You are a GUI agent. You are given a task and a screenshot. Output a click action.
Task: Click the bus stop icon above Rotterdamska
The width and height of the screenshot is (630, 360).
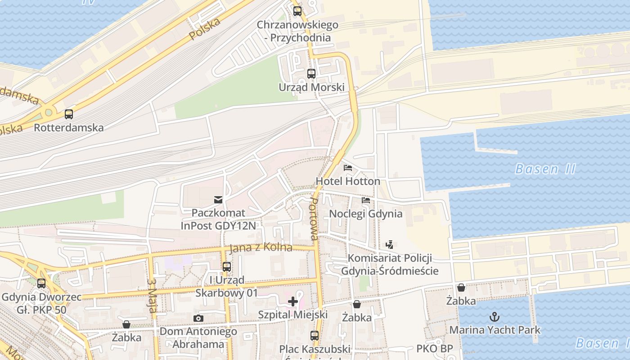(x=68, y=114)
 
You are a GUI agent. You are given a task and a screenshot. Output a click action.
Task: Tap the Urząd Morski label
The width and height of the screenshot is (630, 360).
(x=311, y=87)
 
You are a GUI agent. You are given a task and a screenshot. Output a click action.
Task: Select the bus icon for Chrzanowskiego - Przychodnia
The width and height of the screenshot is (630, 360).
(x=297, y=11)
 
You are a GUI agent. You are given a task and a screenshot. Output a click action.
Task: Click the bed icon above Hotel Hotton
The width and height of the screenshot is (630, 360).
(x=347, y=168)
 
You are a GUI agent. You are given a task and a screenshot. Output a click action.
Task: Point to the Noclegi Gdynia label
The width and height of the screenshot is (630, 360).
(x=366, y=213)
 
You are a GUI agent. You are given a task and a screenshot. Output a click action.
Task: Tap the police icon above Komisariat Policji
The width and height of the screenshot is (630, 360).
(x=390, y=245)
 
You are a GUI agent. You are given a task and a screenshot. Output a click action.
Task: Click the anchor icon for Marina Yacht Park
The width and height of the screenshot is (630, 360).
(x=495, y=316)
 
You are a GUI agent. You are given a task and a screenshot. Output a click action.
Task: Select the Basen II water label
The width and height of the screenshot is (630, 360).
(x=545, y=169)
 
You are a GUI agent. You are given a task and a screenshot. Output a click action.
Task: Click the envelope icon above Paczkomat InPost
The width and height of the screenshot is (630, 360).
(x=218, y=199)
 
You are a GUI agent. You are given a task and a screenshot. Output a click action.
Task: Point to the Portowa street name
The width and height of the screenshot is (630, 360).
(x=314, y=220)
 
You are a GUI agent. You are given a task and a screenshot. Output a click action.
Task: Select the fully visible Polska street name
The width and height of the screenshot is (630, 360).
(x=205, y=29)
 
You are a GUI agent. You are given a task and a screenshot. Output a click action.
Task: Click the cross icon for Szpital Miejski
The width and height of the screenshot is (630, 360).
(x=293, y=301)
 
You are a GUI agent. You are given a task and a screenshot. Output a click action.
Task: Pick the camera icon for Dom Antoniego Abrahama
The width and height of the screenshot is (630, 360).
(x=198, y=319)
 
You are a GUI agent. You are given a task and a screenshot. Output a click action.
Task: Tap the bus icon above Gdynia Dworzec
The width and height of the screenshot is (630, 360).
(x=41, y=283)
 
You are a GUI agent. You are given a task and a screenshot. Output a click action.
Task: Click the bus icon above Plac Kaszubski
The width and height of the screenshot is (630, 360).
(x=314, y=335)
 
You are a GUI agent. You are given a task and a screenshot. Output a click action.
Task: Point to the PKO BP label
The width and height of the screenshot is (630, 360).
(x=434, y=349)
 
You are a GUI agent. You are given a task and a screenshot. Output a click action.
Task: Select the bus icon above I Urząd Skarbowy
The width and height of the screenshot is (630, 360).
(x=227, y=266)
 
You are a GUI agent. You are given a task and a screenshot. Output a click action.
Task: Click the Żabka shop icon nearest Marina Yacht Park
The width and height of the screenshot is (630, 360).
(x=461, y=288)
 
